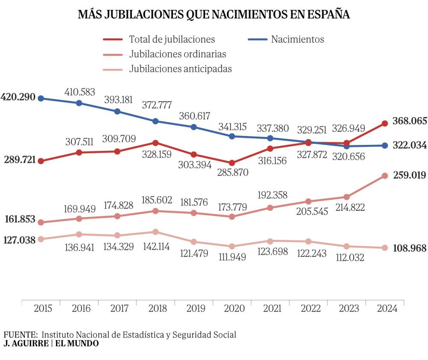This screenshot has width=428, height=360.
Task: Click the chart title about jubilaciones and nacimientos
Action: [x=214, y=14]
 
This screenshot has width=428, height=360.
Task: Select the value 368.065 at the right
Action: [x=410, y=121]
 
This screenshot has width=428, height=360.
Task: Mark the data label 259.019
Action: [x=410, y=175]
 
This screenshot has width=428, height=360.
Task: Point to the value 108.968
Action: [x=410, y=248]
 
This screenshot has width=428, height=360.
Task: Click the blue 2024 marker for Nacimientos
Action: [x=385, y=145]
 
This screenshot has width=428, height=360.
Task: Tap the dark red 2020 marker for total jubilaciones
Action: [x=232, y=163]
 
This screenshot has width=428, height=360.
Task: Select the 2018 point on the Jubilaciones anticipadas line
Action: [x=155, y=232]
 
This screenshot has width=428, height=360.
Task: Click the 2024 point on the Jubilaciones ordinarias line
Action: [x=385, y=176]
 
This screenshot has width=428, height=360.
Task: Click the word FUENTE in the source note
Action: [x=20, y=334]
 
